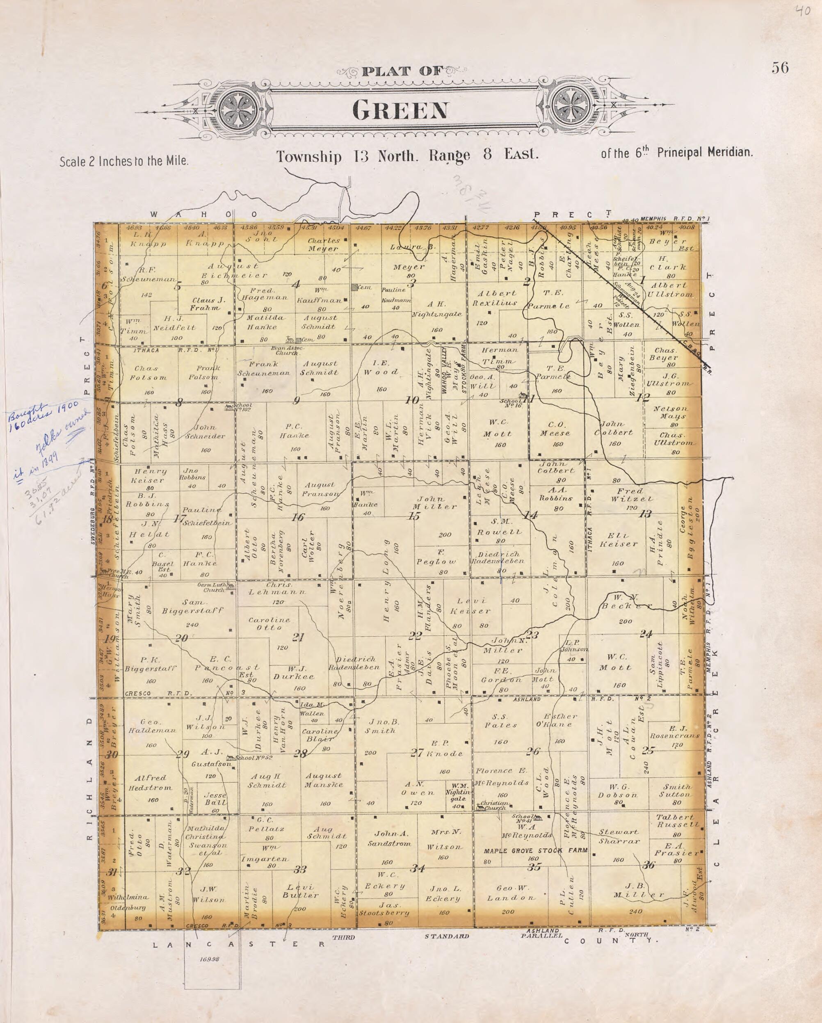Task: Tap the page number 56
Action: pyautogui.click(x=780, y=69)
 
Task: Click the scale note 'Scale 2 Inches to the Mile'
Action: pyautogui.click(x=124, y=161)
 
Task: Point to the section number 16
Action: pyautogui.click(x=297, y=517)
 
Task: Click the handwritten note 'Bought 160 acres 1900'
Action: pyautogui.click(x=28, y=418)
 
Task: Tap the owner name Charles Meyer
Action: pyautogui.click(x=324, y=244)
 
